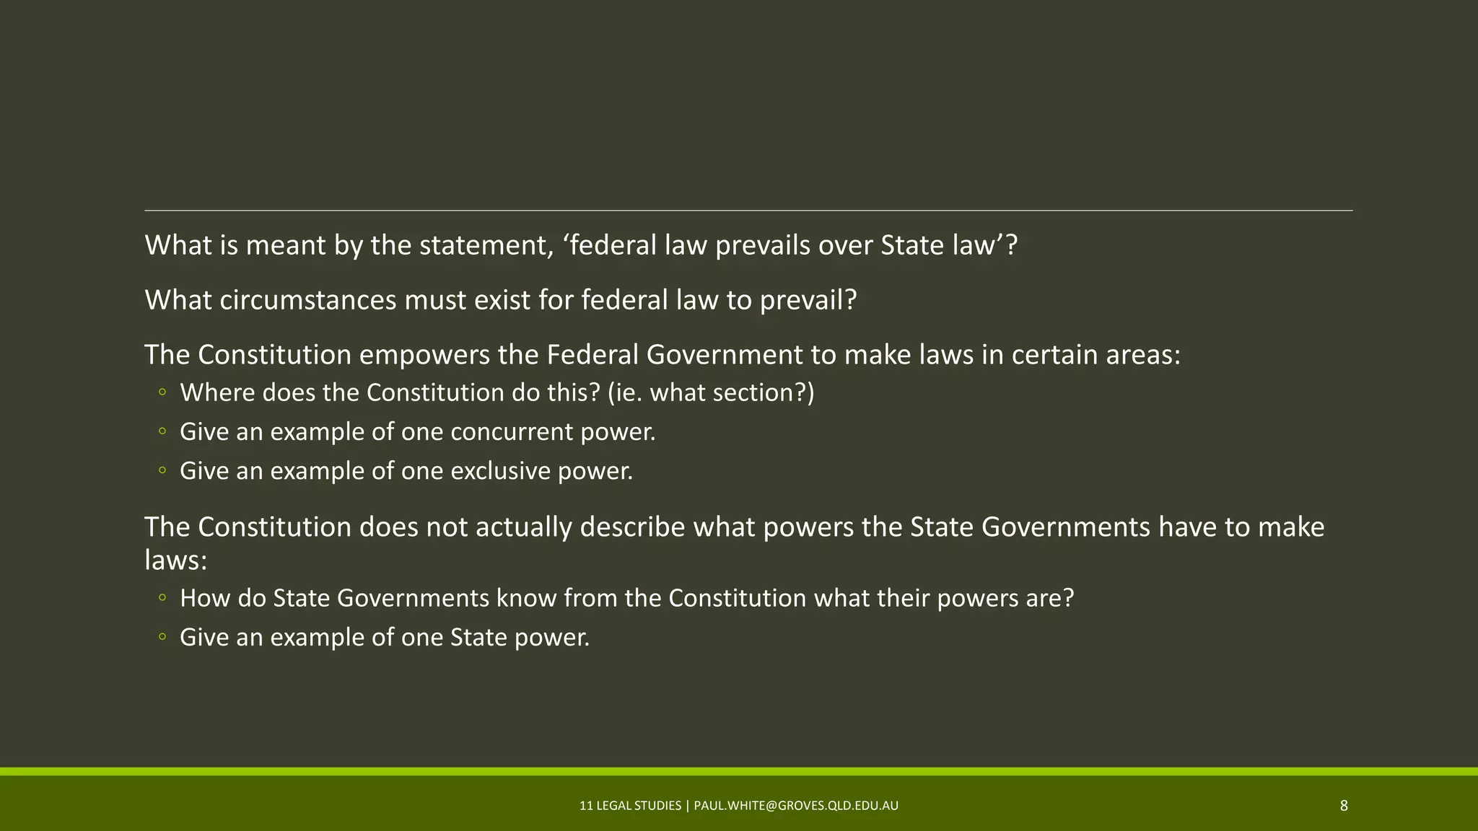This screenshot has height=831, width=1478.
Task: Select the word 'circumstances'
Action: [308, 300]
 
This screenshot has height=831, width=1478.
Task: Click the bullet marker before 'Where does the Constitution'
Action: [162, 393]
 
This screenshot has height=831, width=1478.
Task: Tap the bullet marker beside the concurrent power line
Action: [162, 432]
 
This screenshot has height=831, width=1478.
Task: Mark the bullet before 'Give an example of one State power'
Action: [162, 638]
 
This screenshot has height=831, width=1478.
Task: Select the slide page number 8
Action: [1344, 806]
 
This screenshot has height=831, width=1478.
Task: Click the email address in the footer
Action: [796, 806]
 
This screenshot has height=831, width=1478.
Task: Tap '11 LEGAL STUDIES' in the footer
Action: [630, 806]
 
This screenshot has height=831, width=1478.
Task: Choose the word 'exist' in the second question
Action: [506, 300]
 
